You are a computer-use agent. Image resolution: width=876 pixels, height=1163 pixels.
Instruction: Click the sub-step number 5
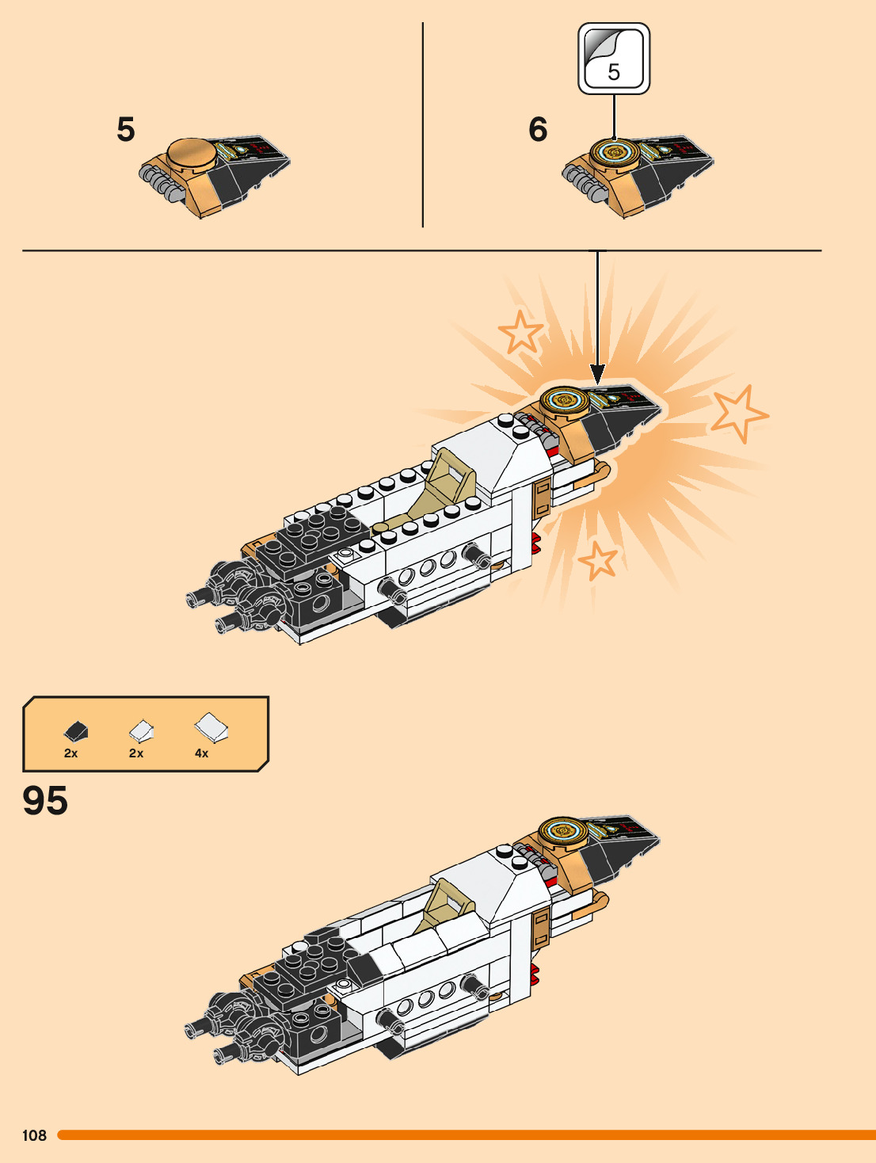(x=126, y=129)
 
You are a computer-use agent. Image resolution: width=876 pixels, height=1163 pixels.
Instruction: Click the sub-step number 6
(x=538, y=129)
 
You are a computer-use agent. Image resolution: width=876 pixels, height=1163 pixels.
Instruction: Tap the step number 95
(x=45, y=800)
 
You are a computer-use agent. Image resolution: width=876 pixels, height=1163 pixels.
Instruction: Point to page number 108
(x=34, y=1135)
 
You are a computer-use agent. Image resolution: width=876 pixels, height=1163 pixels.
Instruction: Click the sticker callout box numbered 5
(x=614, y=59)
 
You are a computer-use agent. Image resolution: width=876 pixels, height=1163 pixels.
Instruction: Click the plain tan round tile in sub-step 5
(x=192, y=152)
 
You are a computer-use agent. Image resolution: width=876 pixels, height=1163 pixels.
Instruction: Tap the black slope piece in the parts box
(x=76, y=730)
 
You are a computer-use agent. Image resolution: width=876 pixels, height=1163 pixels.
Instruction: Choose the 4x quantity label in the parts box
(x=201, y=753)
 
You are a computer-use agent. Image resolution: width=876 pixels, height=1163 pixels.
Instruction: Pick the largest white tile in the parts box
(x=211, y=726)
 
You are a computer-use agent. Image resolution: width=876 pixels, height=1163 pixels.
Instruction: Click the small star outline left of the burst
(x=520, y=331)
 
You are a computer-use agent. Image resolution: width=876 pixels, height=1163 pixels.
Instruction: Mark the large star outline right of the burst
(x=737, y=412)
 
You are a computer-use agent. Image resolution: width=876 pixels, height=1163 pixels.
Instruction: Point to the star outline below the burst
(x=599, y=560)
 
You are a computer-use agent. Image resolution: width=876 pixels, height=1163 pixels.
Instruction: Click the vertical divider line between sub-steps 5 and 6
(x=423, y=125)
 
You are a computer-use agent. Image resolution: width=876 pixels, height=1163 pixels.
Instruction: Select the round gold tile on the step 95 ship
(x=562, y=832)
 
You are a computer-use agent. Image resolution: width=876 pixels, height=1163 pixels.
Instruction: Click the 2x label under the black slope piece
(x=70, y=753)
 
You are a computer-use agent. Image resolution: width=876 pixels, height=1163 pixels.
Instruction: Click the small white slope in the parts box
(x=141, y=729)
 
